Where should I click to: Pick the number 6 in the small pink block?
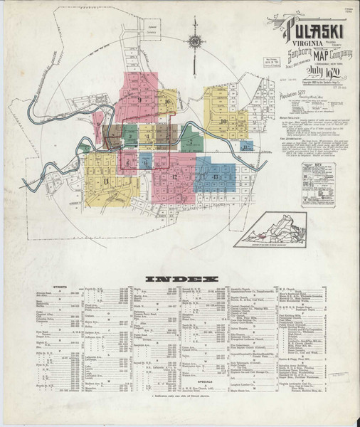click(x=127, y=162)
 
